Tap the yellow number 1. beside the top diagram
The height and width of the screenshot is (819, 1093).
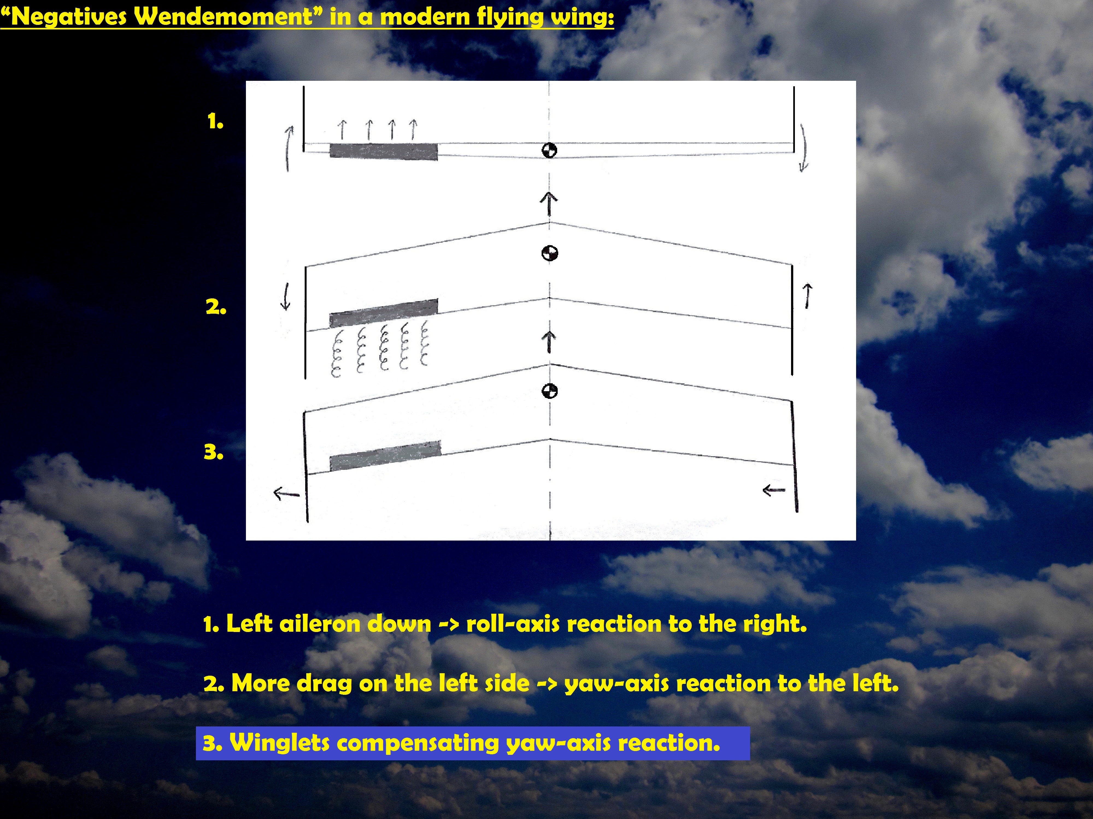(215, 121)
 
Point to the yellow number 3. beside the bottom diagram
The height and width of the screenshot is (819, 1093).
(213, 452)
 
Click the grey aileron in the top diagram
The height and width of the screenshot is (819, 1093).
(383, 151)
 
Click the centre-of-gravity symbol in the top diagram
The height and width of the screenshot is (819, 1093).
(550, 150)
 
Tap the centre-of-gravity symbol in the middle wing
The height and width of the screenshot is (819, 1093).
(550, 253)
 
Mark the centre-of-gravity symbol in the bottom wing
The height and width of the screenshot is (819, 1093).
(550, 391)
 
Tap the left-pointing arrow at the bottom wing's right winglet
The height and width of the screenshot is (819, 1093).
(774, 490)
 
